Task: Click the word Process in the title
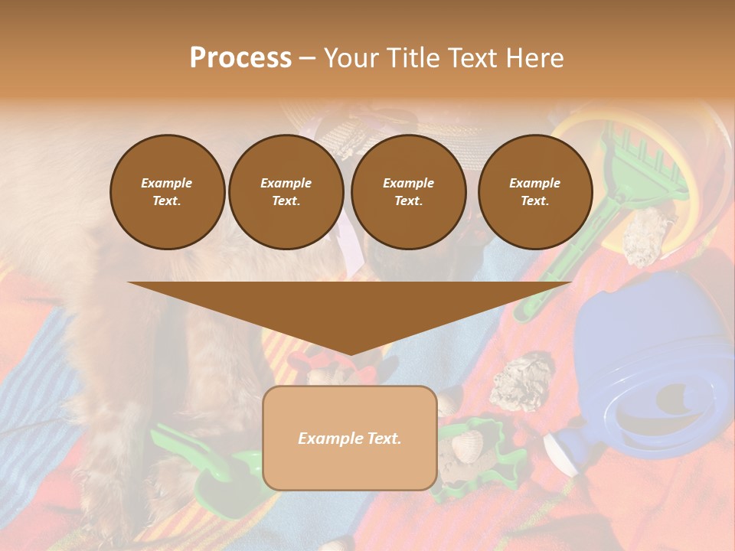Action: pos(240,58)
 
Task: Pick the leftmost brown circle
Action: pos(167,192)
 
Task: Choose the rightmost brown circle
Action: pos(534,192)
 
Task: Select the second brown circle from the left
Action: pos(286,192)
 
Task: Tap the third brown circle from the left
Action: pos(408,192)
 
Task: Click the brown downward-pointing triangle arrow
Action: pos(349,310)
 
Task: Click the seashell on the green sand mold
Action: pos(466,444)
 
